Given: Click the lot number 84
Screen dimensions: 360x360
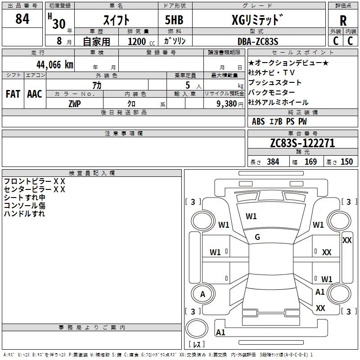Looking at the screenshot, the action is pyautogui.click(x=22, y=19).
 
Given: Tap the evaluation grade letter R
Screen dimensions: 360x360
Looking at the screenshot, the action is pyautogui.click(x=343, y=21).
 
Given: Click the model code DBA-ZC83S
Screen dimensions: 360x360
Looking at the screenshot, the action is pyautogui.click(x=257, y=41).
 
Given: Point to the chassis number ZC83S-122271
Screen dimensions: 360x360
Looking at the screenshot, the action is pyautogui.click(x=302, y=144).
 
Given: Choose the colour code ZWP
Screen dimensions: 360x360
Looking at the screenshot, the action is pyautogui.click(x=75, y=103).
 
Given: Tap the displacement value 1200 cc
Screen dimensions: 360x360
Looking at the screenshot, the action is pyautogui.click(x=138, y=42).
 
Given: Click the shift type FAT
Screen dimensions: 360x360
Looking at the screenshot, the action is pyautogui.click(x=13, y=94).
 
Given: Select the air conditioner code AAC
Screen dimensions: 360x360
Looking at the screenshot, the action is pyautogui.click(x=34, y=94).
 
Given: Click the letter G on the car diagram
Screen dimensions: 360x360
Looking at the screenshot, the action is pyautogui.click(x=257, y=237).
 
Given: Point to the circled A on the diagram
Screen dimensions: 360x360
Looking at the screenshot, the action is pyautogui.click(x=202, y=294).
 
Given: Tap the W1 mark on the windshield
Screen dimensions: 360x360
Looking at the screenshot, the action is pyautogui.click(x=251, y=216).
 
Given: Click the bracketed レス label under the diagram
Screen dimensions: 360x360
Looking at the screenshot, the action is pyautogui.click(x=197, y=345).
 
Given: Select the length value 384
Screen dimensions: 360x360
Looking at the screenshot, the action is pyautogui.click(x=273, y=162).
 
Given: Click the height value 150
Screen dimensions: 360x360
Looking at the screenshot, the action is pyautogui.click(x=346, y=162).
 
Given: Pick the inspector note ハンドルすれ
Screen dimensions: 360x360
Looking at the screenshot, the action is pyautogui.click(x=24, y=214).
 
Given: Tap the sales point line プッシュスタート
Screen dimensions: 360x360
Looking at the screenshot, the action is pyautogui.click(x=275, y=83).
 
